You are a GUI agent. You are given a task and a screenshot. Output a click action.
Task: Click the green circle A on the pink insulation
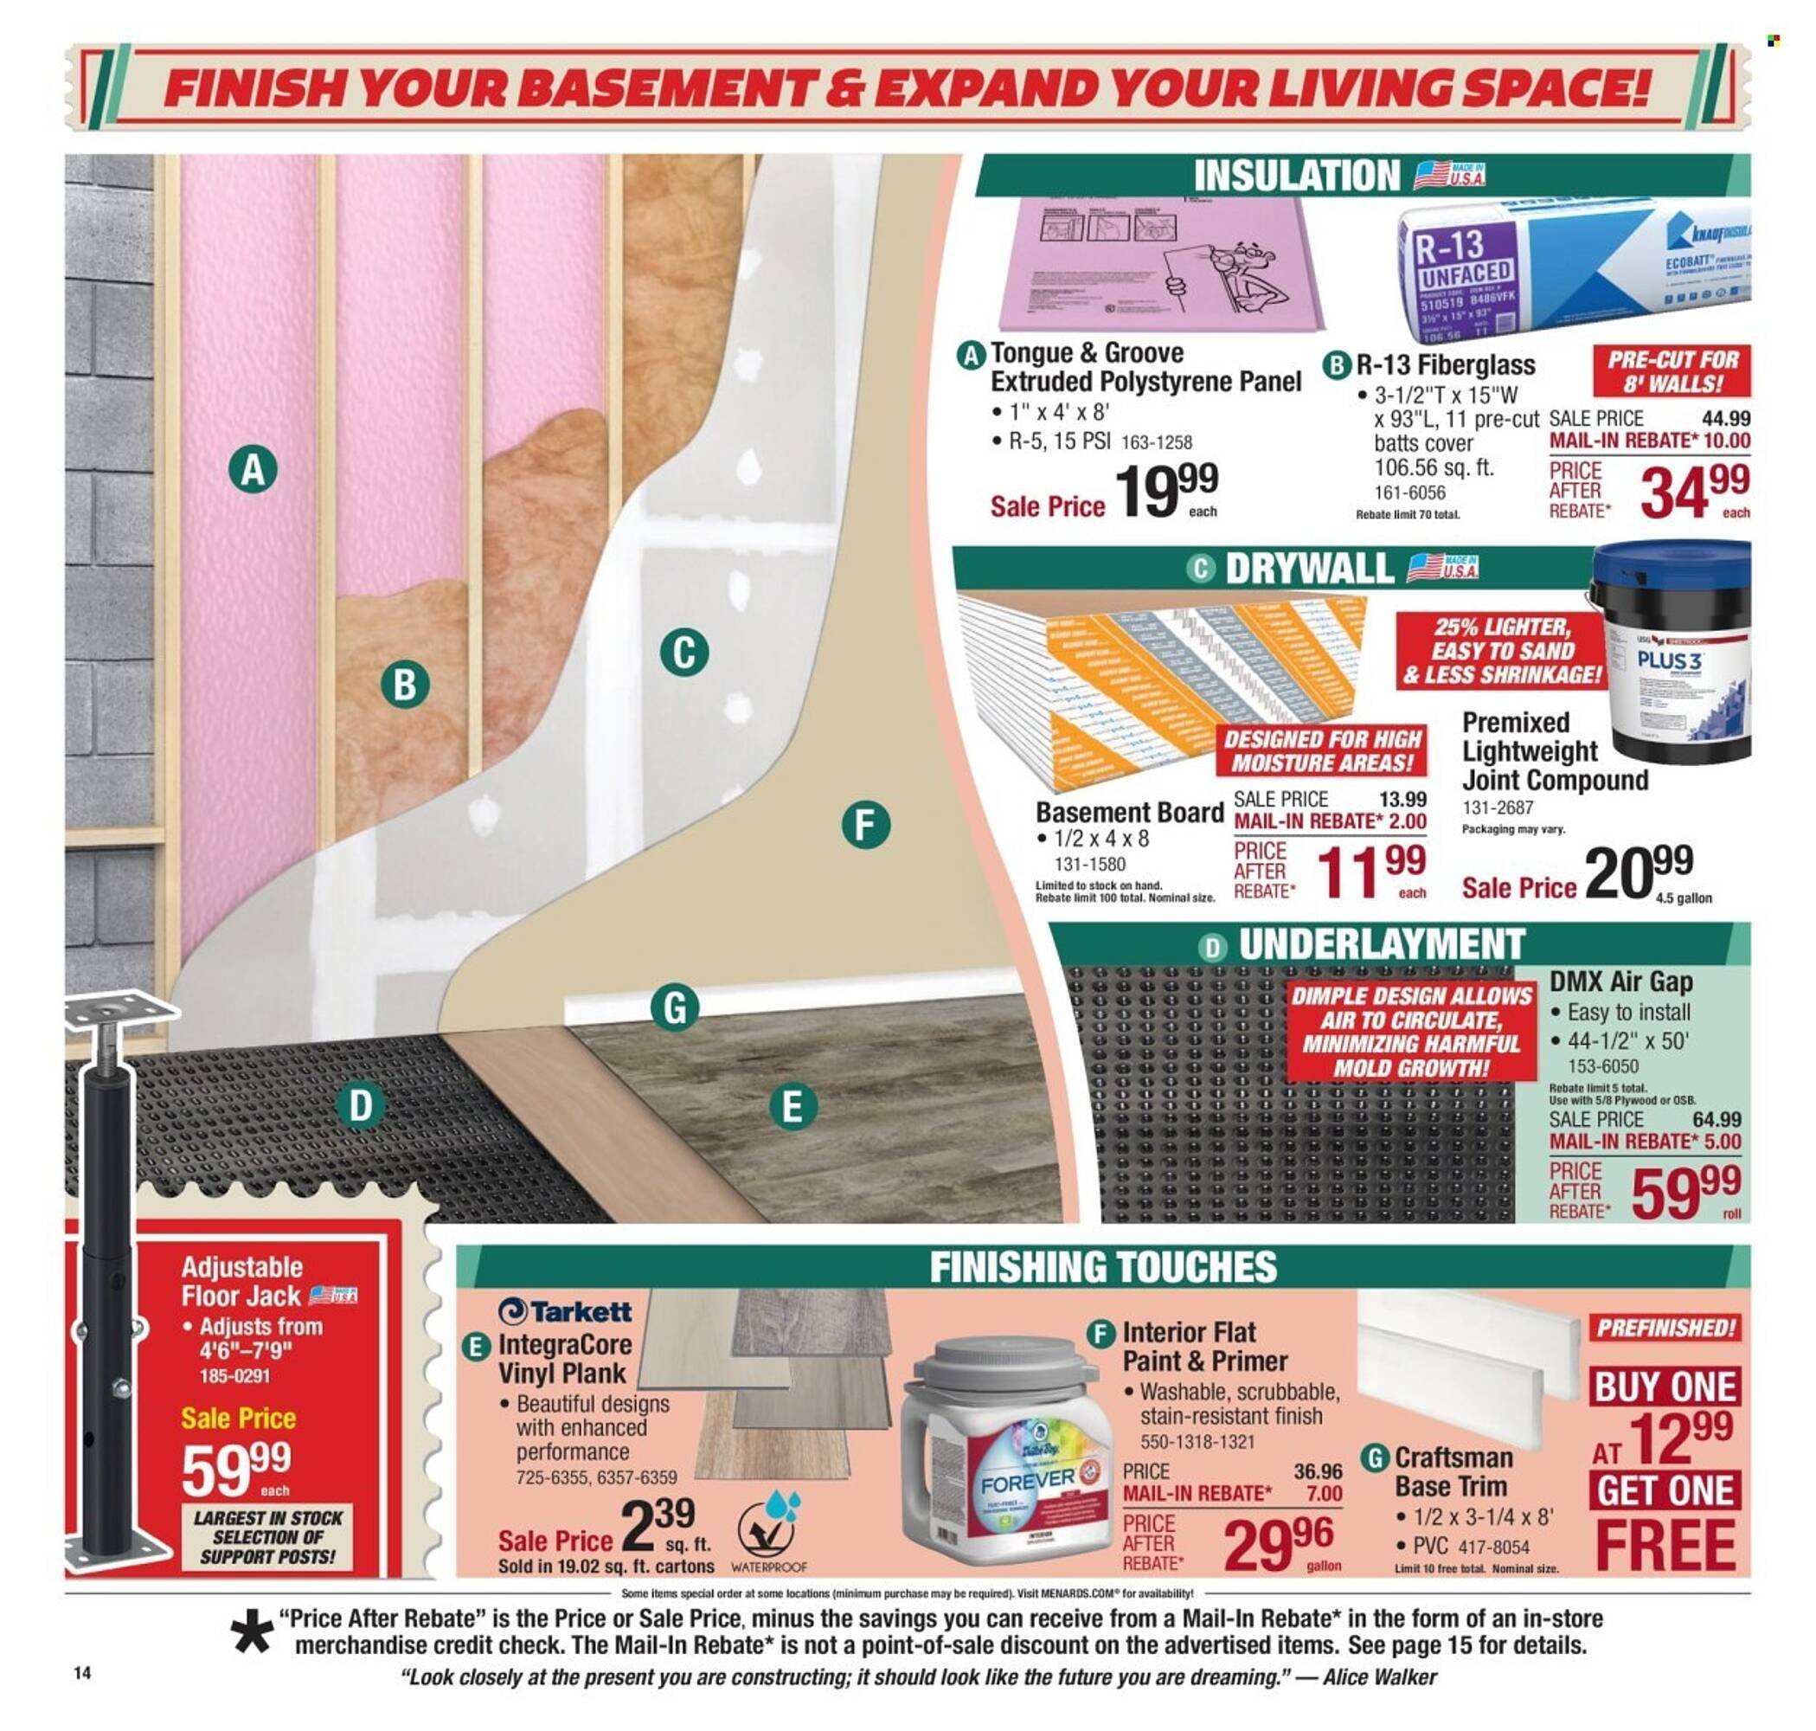coord(253,471)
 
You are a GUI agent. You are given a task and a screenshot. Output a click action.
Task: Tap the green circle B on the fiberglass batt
coord(405,685)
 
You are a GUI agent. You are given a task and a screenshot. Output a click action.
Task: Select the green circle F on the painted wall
coord(865,825)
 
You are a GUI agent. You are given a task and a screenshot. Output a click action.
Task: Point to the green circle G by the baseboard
coord(674,1007)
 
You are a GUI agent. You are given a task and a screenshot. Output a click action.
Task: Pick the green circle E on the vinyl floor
coord(792,1106)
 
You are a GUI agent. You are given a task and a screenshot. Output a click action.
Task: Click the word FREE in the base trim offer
coord(1665,1547)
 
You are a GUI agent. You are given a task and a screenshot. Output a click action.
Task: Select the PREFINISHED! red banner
coord(1665,1328)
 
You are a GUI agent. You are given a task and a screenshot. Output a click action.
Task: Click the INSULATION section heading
coord(1296,176)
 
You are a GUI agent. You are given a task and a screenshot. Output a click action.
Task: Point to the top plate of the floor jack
coord(120,1007)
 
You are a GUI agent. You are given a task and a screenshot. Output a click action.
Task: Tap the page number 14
coord(83,1673)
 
